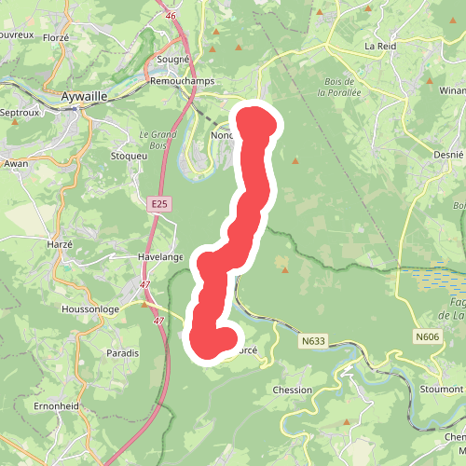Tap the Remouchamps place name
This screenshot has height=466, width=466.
pos(183,81)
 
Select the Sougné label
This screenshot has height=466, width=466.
pos(173,59)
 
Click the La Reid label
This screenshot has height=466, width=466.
pos(380,45)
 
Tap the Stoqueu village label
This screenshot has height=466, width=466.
pos(129,156)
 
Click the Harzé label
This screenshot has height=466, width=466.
pos(60,244)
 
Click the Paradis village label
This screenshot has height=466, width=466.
pos(123,352)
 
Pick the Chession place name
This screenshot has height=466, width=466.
pos(293,390)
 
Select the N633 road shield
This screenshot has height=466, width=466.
pos(314,341)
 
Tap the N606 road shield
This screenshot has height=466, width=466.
pos(427,336)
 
